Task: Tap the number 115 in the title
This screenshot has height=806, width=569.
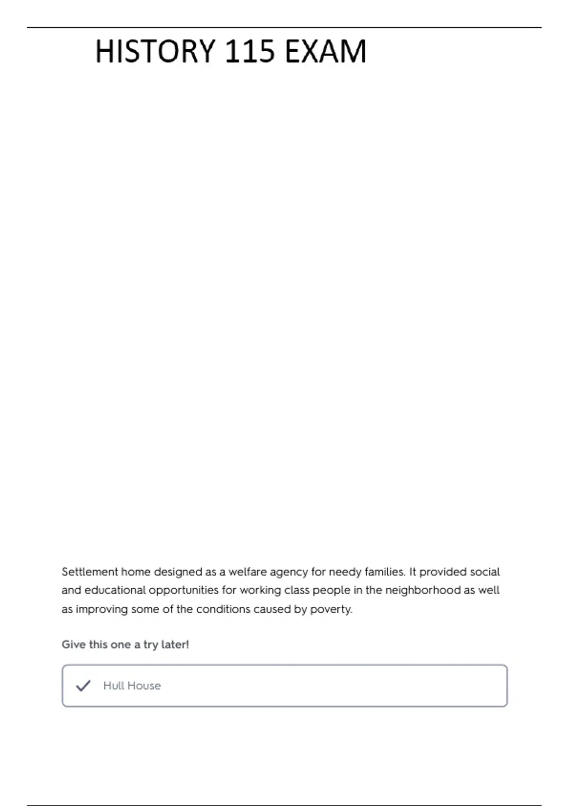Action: point(249,51)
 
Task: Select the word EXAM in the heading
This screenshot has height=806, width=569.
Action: point(326,51)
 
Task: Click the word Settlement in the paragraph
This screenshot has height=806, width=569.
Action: point(90,572)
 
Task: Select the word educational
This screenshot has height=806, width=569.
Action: point(115,590)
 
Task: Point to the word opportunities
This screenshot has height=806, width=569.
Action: point(184,591)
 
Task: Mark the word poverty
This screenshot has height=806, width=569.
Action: point(331,610)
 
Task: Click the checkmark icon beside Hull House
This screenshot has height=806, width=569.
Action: point(83,686)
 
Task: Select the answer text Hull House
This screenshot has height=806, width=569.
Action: point(132,686)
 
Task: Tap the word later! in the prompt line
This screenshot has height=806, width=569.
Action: point(175,645)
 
